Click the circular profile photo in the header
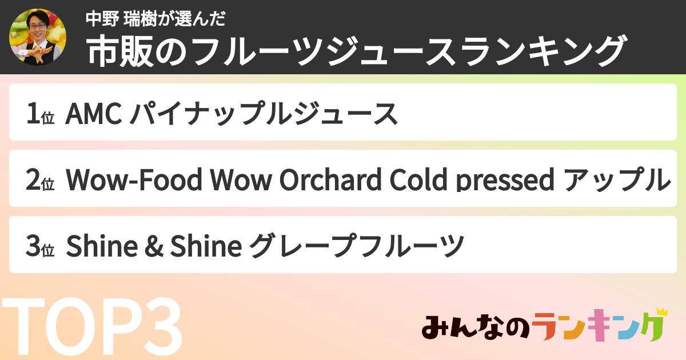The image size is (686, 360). point(38,37)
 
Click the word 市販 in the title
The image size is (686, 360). point(119,51)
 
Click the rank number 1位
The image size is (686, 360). point(40,113)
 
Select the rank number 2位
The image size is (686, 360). point(40,179)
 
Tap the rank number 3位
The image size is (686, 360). point(40,246)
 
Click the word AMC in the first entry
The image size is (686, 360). point(94,113)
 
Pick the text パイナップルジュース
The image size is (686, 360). point(264,113)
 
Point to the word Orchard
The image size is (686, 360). point(330,179)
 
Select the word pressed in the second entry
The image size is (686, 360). point(505,180)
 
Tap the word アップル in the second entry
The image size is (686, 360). point(616,179)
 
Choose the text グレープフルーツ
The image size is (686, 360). point(357,246)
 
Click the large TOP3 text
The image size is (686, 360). point(93,326)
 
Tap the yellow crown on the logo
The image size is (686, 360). point(661,312)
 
